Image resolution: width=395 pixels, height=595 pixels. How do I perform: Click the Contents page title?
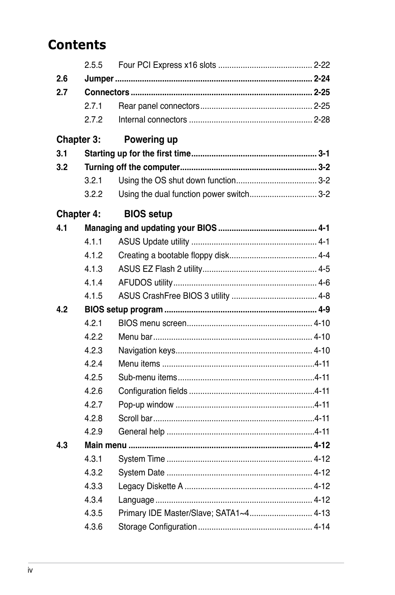(77, 45)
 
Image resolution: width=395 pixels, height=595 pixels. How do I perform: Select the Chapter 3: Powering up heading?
(117, 139)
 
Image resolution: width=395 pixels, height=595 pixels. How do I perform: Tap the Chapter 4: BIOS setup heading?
(114, 214)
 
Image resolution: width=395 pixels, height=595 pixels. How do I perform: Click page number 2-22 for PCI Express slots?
(322, 65)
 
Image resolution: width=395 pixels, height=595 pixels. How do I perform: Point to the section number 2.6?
(62, 79)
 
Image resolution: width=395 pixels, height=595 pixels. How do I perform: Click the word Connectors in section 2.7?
(107, 92)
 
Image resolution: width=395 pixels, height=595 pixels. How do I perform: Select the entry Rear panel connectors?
(159, 106)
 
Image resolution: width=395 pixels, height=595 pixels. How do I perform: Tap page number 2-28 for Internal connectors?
(322, 120)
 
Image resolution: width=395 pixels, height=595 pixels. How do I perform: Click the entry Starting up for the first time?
(137, 154)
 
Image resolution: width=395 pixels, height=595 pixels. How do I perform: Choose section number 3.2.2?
(94, 194)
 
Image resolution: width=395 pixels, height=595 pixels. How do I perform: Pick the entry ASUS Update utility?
(154, 242)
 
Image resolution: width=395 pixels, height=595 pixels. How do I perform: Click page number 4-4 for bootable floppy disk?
(324, 255)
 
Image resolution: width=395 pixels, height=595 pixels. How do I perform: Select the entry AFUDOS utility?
(145, 283)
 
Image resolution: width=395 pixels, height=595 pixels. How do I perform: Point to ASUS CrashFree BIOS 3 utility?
(174, 296)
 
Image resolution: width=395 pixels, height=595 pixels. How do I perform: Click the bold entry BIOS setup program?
(123, 309)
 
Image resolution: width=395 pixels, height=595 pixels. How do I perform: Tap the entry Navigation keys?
(147, 350)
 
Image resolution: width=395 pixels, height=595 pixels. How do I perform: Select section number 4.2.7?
(94, 405)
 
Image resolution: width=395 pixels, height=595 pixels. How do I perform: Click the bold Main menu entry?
(106, 445)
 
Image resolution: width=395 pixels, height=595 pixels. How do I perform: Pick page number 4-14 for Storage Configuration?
(322, 527)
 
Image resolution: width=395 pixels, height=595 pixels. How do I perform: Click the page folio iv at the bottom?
(30, 570)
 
